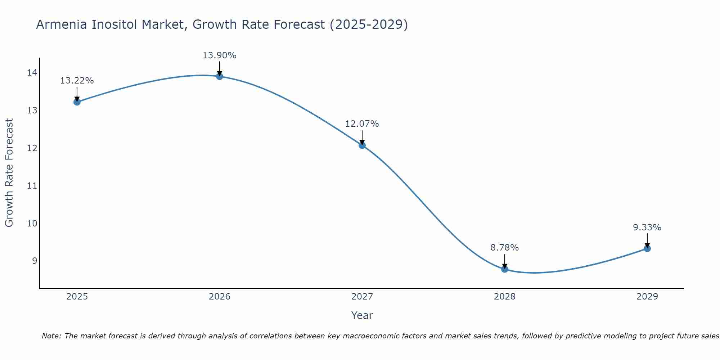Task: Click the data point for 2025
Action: (77, 102)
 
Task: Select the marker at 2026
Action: (220, 76)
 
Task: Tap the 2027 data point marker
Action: (362, 145)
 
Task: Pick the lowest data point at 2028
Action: (505, 269)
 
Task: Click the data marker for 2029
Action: (647, 248)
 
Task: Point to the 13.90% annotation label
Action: (219, 55)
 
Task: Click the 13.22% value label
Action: (77, 81)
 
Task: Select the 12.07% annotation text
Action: (362, 124)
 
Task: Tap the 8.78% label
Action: (504, 248)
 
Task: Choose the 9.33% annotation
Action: (647, 228)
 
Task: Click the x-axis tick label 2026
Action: (220, 297)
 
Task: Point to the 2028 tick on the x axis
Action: (505, 297)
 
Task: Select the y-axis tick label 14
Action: (32, 73)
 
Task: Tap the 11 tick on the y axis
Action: (32, 186)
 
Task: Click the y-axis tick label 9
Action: (35, 261)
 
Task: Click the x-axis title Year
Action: (362, 315)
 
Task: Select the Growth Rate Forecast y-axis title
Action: (9, 173)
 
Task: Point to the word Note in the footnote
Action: (52, 336)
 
